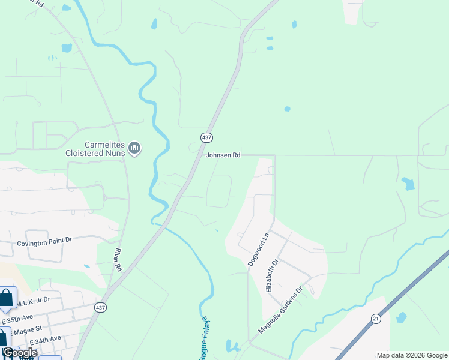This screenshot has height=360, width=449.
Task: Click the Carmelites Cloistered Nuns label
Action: (x=96, y=149)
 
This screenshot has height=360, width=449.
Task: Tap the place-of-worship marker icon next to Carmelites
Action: (x=135, y=148)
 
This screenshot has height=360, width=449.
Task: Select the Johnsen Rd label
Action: (x=223, y=155)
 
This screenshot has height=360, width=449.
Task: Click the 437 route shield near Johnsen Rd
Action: (x=206, y=138)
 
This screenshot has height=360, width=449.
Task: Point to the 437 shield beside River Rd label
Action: (x=101, y=307)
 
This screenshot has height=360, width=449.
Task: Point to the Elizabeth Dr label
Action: (x=272, y=275)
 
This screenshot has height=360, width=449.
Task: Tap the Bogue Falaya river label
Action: (x=203, y=339)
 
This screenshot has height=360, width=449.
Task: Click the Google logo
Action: (x=20, y=352)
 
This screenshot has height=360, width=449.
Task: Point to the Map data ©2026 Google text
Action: (x=412, y=355)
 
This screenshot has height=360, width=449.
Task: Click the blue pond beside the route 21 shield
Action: (x=401, y=317)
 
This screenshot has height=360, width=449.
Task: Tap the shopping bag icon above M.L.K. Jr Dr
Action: (x=6, y=297)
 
